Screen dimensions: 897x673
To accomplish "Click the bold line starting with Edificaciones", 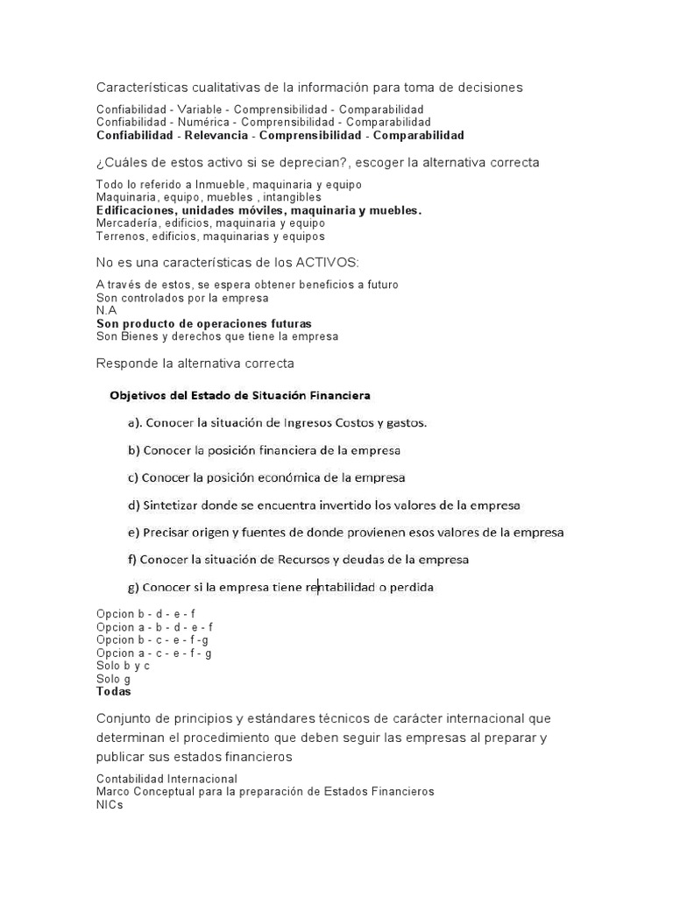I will point(259,210).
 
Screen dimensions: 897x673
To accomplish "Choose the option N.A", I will point(106,311).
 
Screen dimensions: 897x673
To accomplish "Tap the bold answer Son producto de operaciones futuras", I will point(203,324).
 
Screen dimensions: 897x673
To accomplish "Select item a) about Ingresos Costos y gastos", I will point(278,423).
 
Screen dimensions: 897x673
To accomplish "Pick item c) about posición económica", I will point(266,478).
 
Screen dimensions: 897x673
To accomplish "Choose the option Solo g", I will point(113,679).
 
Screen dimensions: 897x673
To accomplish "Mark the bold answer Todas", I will point(113,691).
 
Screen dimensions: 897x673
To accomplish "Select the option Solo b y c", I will point(123,666).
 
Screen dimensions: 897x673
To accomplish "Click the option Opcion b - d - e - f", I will point(145,615).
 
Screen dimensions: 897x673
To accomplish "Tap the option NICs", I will point(110,805).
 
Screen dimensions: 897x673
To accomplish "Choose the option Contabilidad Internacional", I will point(166,779).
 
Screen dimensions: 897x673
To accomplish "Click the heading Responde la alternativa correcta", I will point(195,363).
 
